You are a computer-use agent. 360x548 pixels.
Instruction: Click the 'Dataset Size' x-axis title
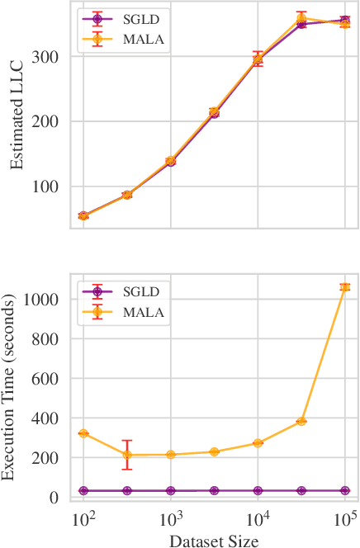tap(214, 540)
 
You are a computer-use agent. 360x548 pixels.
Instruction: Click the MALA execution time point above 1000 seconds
tap(345, 287)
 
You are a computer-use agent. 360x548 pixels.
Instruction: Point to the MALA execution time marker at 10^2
tap(83, 433)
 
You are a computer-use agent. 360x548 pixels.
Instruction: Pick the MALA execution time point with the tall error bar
tap(127, 455)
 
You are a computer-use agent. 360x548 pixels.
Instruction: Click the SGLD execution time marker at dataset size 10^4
tap(258, 490)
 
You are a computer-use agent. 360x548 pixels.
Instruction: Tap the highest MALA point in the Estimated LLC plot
tap(301, 17)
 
